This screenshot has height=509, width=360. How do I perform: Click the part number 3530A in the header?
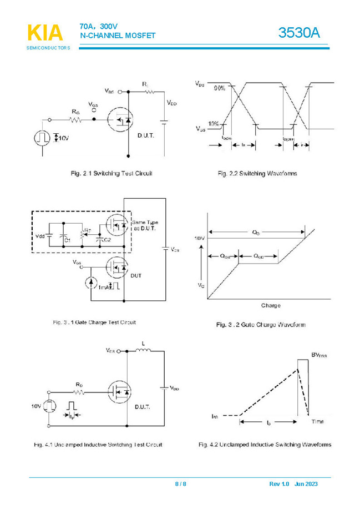point(300,33)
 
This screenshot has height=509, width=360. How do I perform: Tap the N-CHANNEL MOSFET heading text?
point(118,36)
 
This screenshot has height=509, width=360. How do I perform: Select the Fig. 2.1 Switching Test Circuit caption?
point(112,174)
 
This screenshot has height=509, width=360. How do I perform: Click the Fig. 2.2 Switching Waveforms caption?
point(257,174)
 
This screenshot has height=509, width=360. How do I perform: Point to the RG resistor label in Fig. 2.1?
point(75,112)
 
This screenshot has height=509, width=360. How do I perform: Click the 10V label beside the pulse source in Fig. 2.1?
point(63,137)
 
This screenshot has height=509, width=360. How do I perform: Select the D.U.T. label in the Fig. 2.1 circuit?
point(146,135)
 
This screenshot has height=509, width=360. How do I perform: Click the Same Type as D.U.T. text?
point(145,225)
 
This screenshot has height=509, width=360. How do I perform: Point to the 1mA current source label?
point(104,288)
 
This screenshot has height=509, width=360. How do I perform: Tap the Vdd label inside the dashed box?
point(40,236)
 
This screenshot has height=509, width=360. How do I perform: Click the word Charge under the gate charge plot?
point(271,306)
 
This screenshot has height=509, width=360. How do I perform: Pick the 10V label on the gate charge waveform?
point(199,238)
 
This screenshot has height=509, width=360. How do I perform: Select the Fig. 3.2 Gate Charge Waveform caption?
point(261,325)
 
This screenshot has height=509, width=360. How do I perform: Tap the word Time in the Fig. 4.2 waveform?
point(317,422)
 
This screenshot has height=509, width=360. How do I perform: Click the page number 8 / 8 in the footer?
point(181,484)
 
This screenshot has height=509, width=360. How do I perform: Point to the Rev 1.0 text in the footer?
point(280,484)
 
